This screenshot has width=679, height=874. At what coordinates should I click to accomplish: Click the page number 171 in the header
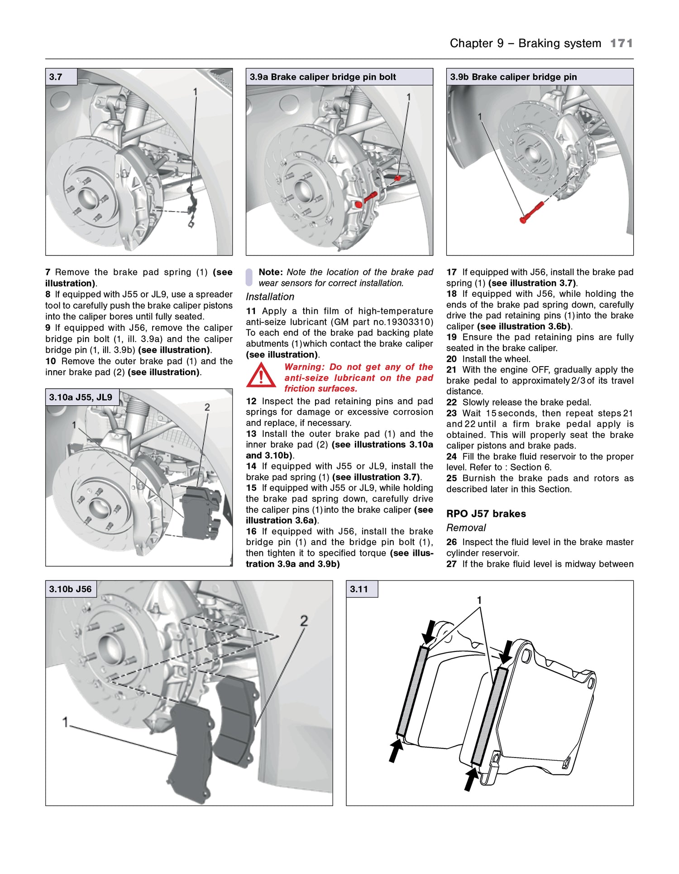pos(621,43)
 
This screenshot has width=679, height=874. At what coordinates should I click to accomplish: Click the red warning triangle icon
pos(261,376)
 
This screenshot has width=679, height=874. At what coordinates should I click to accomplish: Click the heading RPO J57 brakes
pos(486,513)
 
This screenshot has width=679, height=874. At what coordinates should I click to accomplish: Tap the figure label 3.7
pos(56,77)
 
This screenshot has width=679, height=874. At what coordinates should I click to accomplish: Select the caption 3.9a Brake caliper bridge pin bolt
pos(323,77)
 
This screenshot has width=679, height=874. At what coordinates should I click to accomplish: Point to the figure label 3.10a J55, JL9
pos(81,397)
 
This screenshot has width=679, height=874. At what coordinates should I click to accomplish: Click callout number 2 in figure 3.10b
pos(304,621)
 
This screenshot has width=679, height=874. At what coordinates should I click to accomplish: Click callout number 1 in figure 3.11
pos(479,600)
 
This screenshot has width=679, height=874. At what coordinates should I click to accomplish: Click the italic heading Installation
pos(270,297)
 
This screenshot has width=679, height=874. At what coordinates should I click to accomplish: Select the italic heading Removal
pos(466,527)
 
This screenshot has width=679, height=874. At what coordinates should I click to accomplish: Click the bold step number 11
pos(251,311)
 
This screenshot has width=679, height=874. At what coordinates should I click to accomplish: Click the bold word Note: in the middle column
pos(270,272)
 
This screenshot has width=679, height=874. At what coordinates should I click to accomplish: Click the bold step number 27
pos(451,564)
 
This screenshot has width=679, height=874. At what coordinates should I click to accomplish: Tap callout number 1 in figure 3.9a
pos(408,97)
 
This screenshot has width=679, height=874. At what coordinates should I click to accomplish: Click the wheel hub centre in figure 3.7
pos(88,198)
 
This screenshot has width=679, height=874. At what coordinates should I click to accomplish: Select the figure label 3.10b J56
pos(70,589)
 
